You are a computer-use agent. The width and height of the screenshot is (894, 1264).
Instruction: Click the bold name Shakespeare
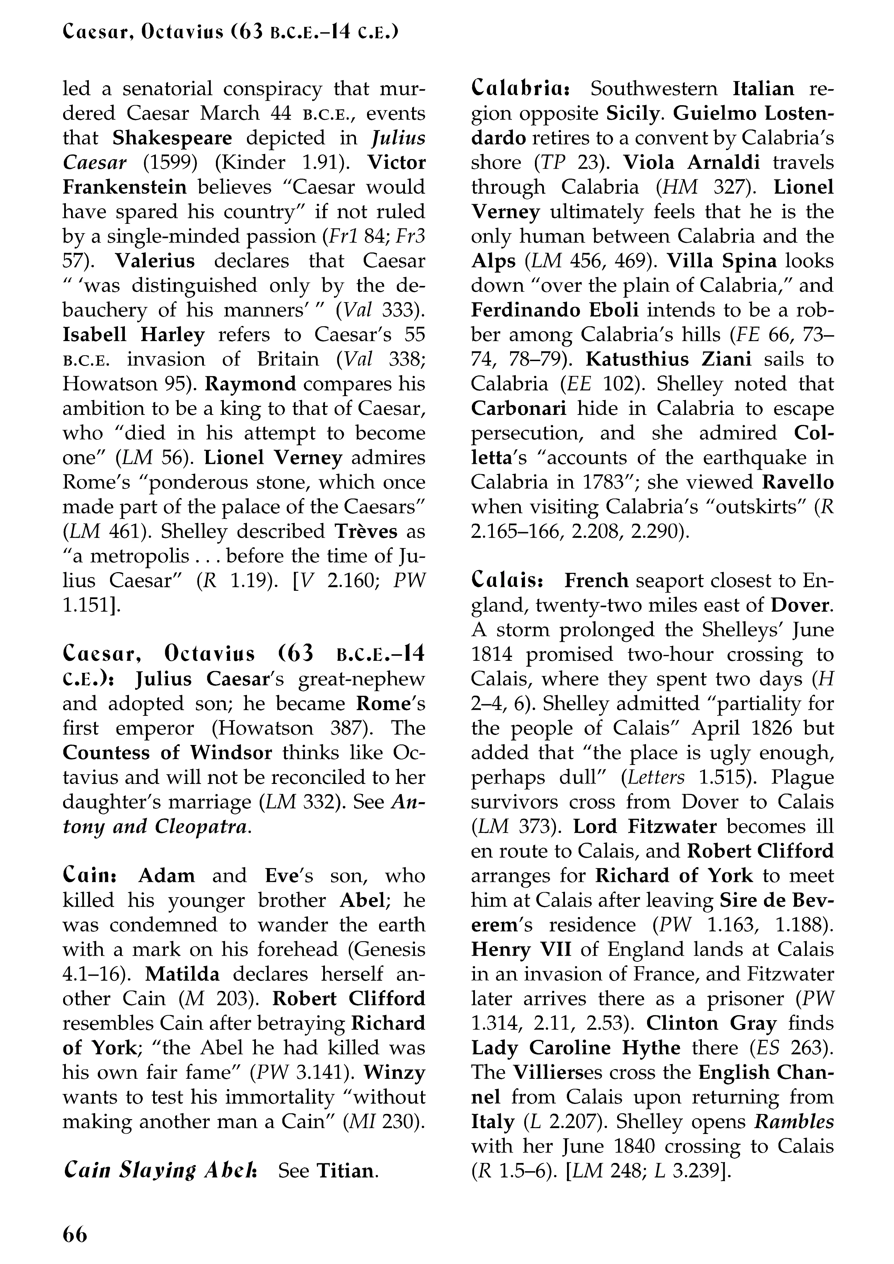coord(172,138)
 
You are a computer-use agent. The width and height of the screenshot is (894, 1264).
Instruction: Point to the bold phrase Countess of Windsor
coord(167,753)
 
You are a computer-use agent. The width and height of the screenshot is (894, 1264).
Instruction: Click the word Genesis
coord(390,949)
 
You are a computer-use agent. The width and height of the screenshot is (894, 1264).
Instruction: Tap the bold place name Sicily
coord(632,113)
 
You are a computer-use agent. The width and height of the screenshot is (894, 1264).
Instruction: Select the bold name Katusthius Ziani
coord(668,359)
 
